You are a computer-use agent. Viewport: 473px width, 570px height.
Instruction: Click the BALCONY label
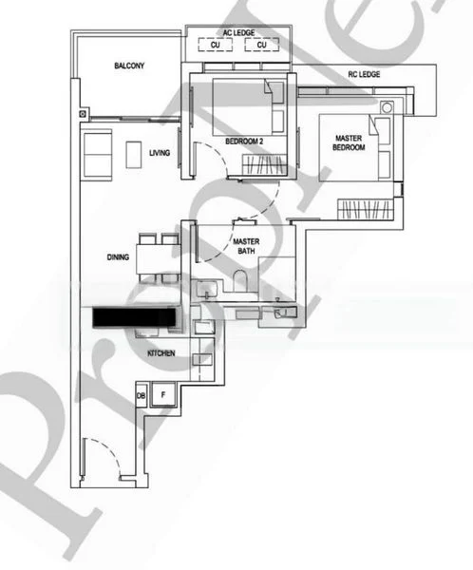(129, 66)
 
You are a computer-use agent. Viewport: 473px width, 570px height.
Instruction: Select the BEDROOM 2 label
(243, 142)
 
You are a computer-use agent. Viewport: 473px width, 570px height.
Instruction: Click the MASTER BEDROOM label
(350, 142)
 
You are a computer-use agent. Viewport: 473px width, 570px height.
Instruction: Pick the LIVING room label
(159, 151)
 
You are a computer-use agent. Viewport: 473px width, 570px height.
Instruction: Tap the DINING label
(118, 256)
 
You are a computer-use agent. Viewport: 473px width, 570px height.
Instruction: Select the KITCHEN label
(161, 353)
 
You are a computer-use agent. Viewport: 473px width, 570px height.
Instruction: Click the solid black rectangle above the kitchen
(134, 318)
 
